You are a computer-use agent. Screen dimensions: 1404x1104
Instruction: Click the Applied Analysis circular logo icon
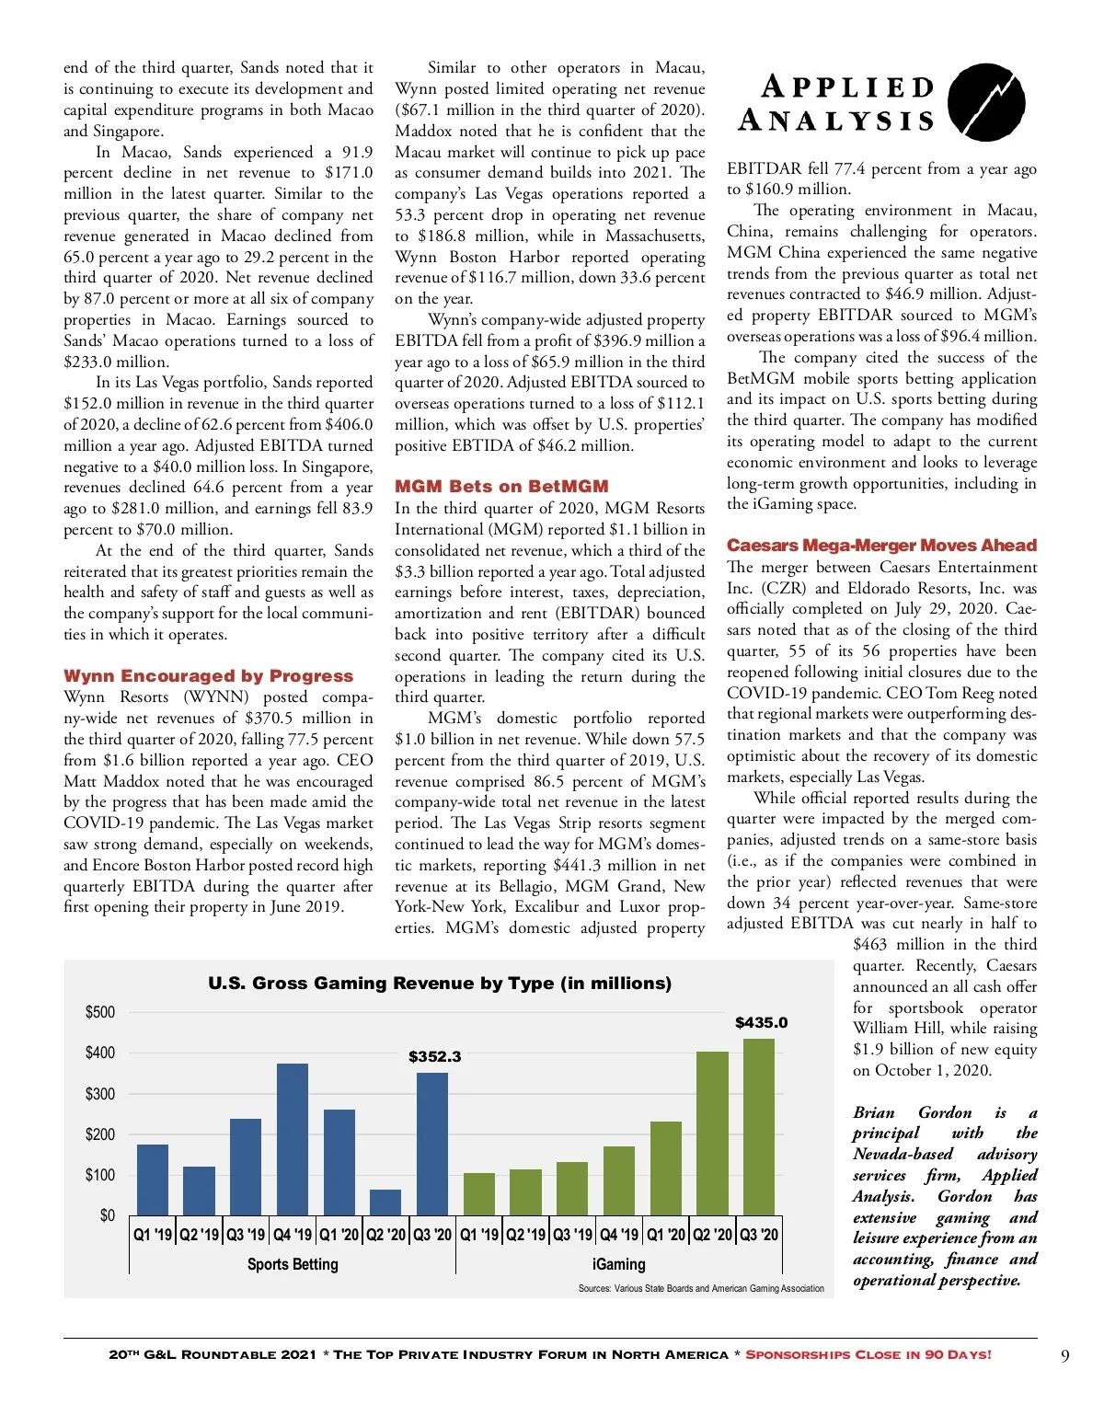point(986,102)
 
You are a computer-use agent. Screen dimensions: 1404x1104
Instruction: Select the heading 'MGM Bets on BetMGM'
point(501,486)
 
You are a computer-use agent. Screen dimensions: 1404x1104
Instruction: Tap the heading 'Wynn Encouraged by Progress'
point(208,675)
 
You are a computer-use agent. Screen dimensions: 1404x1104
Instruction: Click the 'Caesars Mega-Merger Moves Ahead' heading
point(881,545)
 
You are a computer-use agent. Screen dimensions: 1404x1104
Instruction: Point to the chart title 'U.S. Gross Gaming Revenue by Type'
point(440,983)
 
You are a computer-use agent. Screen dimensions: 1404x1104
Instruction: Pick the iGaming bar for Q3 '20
point(759,1126)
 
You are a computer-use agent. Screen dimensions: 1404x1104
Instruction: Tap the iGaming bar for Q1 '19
point(479,1193)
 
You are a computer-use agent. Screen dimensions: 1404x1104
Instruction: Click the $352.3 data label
point(434,1056)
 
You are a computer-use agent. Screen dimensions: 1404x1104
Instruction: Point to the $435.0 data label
point(761,1022)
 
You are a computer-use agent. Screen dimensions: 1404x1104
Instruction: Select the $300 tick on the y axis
point(100,1093)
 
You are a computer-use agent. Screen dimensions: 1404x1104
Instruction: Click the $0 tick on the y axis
point(108,1215)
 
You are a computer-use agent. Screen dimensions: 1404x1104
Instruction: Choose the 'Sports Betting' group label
point(293,1264)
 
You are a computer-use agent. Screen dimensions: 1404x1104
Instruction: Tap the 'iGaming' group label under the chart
point(618,1264)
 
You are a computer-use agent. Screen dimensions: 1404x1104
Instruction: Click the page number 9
point(1064,1355)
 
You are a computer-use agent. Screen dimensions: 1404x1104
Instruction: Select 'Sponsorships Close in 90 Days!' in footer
point(868,1354)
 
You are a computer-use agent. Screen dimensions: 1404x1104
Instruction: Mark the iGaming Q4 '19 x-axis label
point(619,1234)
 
